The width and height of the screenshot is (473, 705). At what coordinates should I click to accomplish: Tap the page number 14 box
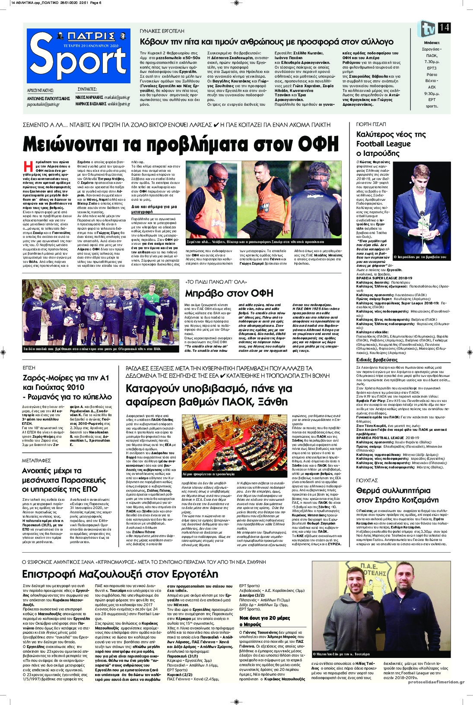444,28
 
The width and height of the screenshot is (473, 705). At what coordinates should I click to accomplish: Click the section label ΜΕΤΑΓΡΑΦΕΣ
37,461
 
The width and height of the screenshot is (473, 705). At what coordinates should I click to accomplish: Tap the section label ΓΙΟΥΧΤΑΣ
367,480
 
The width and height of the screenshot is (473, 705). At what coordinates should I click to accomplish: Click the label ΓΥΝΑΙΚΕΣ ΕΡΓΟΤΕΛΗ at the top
162,32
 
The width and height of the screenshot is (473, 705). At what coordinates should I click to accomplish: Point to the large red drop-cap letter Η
28,166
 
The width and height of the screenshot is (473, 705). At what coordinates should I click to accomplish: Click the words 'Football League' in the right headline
383,144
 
